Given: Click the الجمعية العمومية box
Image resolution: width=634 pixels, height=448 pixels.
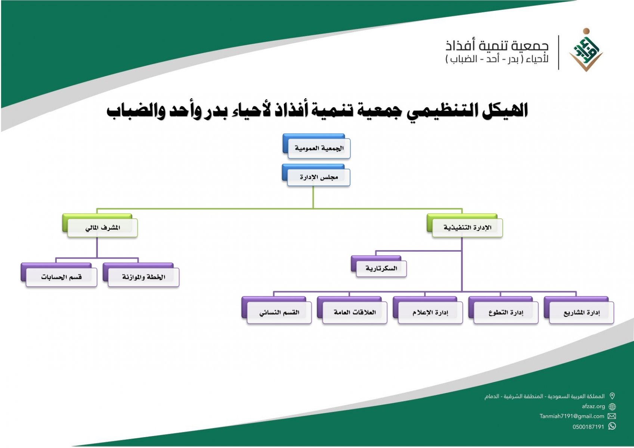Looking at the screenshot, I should tap(318, 148).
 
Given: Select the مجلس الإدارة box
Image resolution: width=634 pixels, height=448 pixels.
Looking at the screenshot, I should tap(318, 177).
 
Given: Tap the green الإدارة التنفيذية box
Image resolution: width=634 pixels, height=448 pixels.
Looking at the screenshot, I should tap(467, 227).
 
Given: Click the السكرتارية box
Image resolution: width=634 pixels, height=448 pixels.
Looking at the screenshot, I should tap(381, 268).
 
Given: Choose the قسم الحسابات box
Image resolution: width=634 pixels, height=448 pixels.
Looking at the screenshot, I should tap(61, 277).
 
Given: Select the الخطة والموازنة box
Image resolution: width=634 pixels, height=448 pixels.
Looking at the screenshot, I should tap(143, 277).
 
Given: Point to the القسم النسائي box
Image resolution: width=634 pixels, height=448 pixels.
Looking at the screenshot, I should tap(279, 312).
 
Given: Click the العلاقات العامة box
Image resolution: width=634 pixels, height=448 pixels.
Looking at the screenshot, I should tap(355, 312).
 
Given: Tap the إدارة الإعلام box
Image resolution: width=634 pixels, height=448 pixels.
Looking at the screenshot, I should tap(430, 312).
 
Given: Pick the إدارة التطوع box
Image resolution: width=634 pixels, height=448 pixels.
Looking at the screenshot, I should tap(505, 312).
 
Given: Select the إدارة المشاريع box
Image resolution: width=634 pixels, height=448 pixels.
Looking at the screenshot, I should tap(581, 312).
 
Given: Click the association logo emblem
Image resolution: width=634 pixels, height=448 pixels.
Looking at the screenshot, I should tap(586, 50).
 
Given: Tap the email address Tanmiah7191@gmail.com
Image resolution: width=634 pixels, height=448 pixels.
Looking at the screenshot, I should tap(572, 416).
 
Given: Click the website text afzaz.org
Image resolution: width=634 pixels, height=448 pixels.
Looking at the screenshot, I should tap(593, 406).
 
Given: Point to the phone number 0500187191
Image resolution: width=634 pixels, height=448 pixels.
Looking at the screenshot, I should tap(588, 427).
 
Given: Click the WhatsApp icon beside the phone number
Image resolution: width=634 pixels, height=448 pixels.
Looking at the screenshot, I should tap(612, 426).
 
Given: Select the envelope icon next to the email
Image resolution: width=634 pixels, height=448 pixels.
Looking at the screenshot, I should tap(612, 416).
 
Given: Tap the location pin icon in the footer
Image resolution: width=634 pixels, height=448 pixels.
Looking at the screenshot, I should tap(612, 396).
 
